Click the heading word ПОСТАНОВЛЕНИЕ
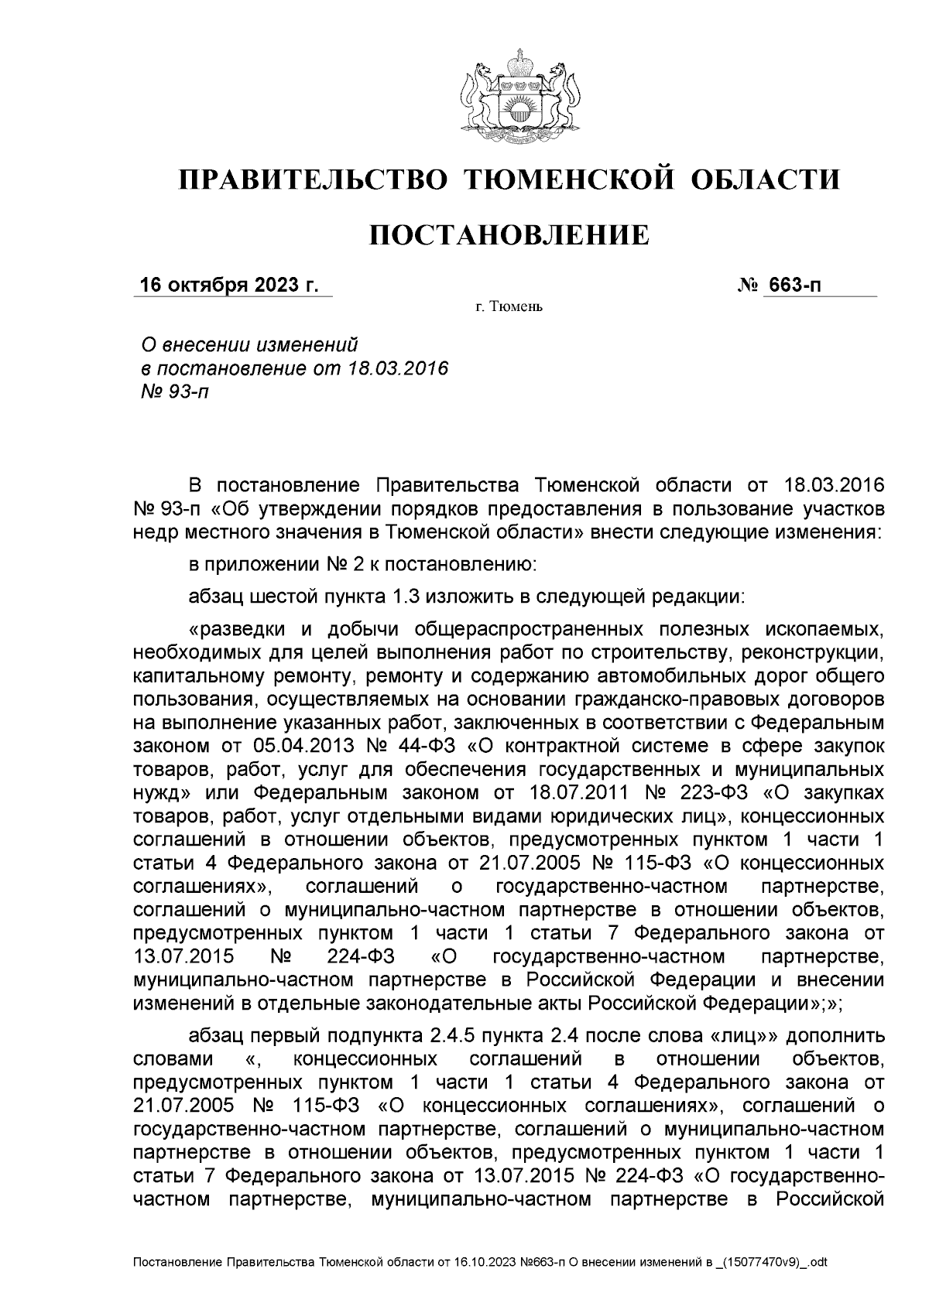[508, 234]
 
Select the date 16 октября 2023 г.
[228, 286]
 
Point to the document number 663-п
[794, 286]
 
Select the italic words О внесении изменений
[247, 344]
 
